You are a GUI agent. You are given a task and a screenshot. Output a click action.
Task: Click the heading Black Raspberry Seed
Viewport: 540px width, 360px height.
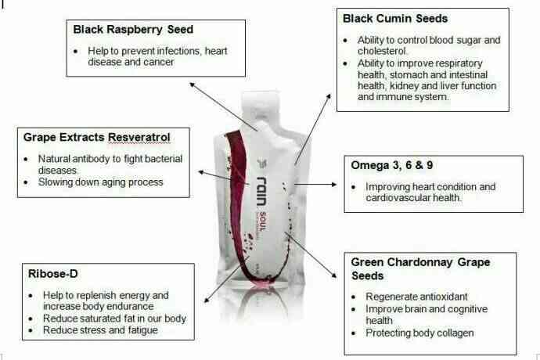(x=133, y=30)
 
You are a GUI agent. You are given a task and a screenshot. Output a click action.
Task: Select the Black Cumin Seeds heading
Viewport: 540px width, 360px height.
(x=395, y=18)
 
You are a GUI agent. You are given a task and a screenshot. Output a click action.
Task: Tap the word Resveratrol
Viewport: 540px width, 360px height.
(x=139, y=138)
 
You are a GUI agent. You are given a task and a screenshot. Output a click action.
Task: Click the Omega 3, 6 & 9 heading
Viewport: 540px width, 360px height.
(x=392, y=165)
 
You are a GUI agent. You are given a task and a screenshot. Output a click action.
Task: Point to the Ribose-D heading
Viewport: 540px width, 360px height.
(x=53, y=274)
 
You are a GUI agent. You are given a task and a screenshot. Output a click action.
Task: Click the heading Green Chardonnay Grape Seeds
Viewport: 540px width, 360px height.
(x=420, y=268)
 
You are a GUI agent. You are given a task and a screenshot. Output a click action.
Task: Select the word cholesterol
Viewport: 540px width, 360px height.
(x=382, y=51)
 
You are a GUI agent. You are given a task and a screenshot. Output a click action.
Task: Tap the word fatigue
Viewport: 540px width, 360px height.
(x=143, y=330)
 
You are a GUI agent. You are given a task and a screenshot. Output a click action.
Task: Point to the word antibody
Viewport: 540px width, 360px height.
(x=92, y=159)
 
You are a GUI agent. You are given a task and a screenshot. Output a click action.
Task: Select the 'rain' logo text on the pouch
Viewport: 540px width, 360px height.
(x=262, y=191)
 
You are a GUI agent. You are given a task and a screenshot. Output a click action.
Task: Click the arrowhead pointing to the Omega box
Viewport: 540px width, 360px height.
(x=334, y=185)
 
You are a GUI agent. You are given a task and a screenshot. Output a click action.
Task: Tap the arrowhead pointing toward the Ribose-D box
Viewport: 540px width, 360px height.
(x=207, y=300)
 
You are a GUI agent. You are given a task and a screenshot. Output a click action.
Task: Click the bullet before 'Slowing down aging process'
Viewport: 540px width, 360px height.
(x=26, y=182)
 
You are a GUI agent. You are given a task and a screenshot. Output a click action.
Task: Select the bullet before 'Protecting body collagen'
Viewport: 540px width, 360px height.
(x=354, y=333)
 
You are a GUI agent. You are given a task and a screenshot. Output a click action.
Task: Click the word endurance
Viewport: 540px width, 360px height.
(x=133, y=306)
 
